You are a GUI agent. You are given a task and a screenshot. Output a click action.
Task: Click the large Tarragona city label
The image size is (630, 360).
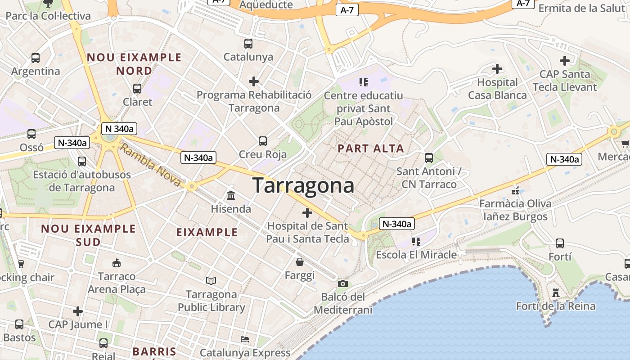click(303, 185)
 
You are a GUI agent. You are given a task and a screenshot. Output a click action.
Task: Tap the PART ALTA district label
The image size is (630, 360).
click(371, 148)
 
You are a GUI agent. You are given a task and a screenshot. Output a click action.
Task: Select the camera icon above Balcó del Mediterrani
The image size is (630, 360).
click(343, 283)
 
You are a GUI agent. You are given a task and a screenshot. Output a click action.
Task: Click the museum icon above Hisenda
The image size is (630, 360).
click(231, 196)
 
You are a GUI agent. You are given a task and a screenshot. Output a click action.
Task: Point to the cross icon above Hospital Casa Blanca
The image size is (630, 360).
click(497, 69)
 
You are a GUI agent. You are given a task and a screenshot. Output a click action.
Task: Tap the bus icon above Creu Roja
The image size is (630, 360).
click(263, 141)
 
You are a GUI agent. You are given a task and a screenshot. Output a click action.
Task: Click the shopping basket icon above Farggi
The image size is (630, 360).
click(300, 262)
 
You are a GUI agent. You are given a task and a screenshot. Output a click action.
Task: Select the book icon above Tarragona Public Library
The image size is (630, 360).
click(211, 281)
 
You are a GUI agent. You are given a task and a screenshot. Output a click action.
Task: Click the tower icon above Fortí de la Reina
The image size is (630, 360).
click(556, 293)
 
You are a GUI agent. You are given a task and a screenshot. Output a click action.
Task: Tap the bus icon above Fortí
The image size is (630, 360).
click(560, 243)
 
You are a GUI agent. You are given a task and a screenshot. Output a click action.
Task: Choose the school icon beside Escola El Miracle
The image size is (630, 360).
click(416, 242)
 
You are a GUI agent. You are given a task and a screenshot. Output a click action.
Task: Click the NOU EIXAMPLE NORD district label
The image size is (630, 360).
click(134, 64)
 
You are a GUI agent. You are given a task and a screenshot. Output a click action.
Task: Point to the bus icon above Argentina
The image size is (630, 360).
click(36, 58)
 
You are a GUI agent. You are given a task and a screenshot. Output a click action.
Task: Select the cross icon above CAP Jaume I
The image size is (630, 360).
click(78, 311)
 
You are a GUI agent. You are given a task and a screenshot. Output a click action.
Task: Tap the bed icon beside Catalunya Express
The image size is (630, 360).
click(245, 339)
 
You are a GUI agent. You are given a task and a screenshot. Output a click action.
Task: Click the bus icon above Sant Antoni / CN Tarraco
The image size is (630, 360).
click(429, 158)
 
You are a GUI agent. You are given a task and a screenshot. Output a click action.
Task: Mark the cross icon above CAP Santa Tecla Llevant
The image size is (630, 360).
click(565, 60)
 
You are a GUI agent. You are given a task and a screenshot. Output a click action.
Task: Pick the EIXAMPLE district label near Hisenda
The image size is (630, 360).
click(207, 232)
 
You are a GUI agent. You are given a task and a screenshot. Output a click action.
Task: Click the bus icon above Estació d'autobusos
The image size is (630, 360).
click(82, 161)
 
